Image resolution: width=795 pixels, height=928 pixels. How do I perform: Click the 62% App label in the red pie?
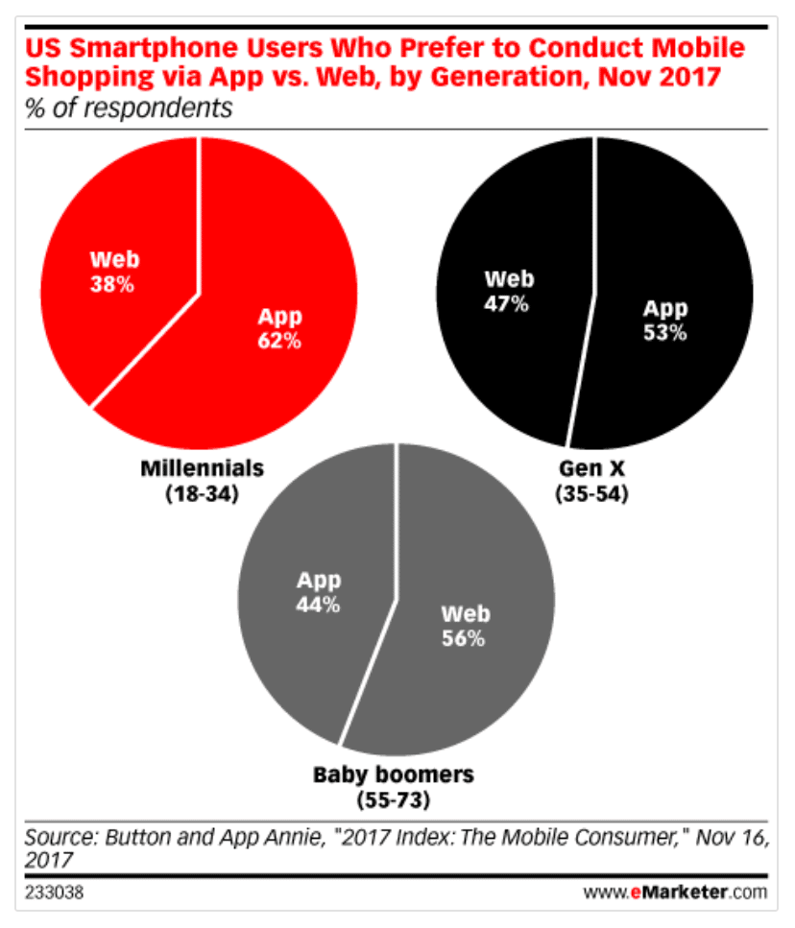278,328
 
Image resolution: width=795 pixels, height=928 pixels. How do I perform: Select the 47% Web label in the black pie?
506,292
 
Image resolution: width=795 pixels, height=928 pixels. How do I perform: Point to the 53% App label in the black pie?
665,321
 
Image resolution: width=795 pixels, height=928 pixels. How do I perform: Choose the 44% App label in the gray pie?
317,593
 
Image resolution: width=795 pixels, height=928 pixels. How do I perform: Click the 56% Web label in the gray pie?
465,626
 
